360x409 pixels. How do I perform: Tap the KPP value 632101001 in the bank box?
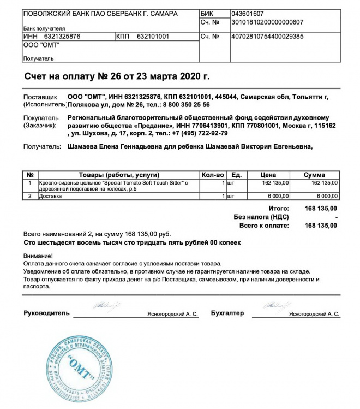tap(153, 37)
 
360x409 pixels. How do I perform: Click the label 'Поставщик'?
tap(40, 96)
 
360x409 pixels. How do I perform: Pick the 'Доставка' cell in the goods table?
tap(50, 195)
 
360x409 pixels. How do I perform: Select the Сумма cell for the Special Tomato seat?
tap(323, 182)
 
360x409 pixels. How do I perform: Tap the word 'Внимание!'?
tap(38, 256)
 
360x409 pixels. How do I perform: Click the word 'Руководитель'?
tap(46, 313)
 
